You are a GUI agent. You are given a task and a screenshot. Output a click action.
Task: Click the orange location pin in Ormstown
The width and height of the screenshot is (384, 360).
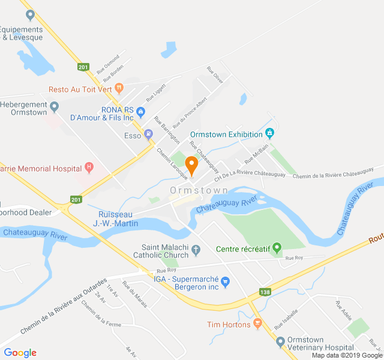point(192,165)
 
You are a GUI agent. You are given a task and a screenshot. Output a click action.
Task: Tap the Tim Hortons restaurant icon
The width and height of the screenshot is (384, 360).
point(258,324)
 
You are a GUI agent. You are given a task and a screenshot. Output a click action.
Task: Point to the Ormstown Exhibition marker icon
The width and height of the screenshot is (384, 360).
point(270,133)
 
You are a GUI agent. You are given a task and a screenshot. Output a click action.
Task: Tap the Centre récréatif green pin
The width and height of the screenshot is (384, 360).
point(277,247)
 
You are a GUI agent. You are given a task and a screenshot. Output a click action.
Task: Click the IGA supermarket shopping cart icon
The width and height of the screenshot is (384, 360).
point(226,280)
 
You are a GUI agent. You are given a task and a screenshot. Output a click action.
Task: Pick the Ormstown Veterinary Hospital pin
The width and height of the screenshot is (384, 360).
point(280,342)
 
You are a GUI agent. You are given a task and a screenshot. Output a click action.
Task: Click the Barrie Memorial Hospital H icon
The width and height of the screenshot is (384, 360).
point(89,167)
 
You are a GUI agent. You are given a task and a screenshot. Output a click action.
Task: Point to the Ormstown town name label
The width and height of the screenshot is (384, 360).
point(199,190)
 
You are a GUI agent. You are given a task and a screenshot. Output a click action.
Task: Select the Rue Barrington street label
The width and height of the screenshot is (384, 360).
point(167,129)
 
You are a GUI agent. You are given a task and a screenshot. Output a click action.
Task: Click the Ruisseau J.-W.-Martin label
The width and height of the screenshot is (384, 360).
point(116,218)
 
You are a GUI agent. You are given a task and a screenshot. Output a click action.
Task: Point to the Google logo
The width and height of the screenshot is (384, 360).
point(20,353)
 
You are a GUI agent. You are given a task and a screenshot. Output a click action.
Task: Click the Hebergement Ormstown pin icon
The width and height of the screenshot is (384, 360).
point(55,107)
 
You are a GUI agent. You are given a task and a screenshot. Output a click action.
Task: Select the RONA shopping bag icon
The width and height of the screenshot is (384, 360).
point(140,111)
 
